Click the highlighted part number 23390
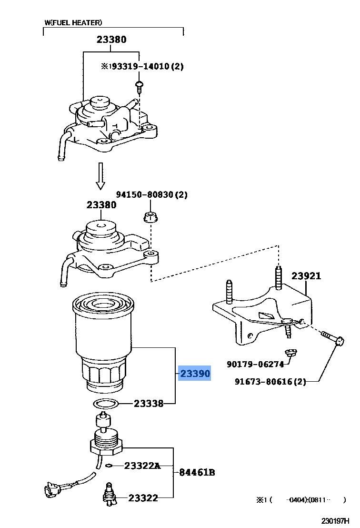click(194, 374)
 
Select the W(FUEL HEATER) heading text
click(73, 22)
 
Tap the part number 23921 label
click(306, 276)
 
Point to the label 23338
click(149, 404)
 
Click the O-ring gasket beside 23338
click(106, 404)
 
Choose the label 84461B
click(197, 472)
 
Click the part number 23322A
click(142, 466)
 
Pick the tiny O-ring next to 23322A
click(110, 466)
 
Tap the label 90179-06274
click(255, 364)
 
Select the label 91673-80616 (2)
click(270, 381)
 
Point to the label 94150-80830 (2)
click(152, 194)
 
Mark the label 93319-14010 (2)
click(142, 67)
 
